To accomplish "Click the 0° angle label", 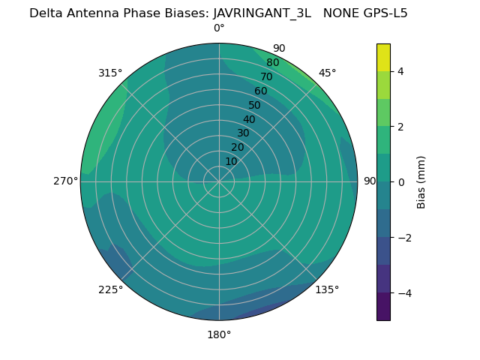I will pos(219,28).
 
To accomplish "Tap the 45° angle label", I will pos(328,73).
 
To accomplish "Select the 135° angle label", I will pos(327,289).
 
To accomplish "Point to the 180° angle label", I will pos(219,334).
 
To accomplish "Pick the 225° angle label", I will pos(110,290).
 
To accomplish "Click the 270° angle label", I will pos(65,181).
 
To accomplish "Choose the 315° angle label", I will pos(110,73).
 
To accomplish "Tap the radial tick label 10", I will pos(231,161).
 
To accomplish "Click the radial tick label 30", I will pos(243,133).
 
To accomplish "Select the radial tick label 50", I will pos(255,106).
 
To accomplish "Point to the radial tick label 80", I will pos(273,63).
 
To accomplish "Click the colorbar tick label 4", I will pos(401,71).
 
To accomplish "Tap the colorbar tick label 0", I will pos(401,181).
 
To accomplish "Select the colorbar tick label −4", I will pos(401,292).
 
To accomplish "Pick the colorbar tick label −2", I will pos(401,237).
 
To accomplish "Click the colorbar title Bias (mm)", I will pos(421,181).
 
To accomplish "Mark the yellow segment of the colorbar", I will pos(383,57).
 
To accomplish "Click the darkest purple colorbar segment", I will pos(383,306).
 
